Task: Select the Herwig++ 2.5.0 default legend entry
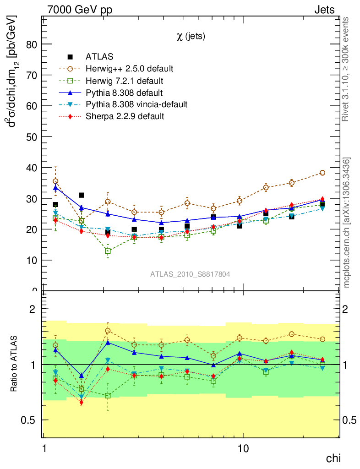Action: pyautogui.click(x=129, y=69)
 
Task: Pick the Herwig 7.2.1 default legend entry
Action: pyautogui.click(x=124, y=81)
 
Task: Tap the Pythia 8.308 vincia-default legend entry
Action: pyautogui.click(x=136, y=104)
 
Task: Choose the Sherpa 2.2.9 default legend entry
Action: pyautogui.click(x=125, y=116)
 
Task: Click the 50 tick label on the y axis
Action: pyautogui.click(x=33, y=137)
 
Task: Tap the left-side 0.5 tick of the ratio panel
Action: pyautogui.click(x=33, y=420)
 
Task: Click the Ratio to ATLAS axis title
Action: pyautogui.click(x=14, y=364)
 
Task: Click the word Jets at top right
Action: pyautogui.click(x=324, y=9)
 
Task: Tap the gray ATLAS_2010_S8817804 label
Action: pyautogui.click(x=190, y=274)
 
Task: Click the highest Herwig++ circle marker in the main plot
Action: pyautogui.click(x=322, y=173)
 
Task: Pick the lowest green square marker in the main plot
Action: pyautogui.click(x=108, y=251)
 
